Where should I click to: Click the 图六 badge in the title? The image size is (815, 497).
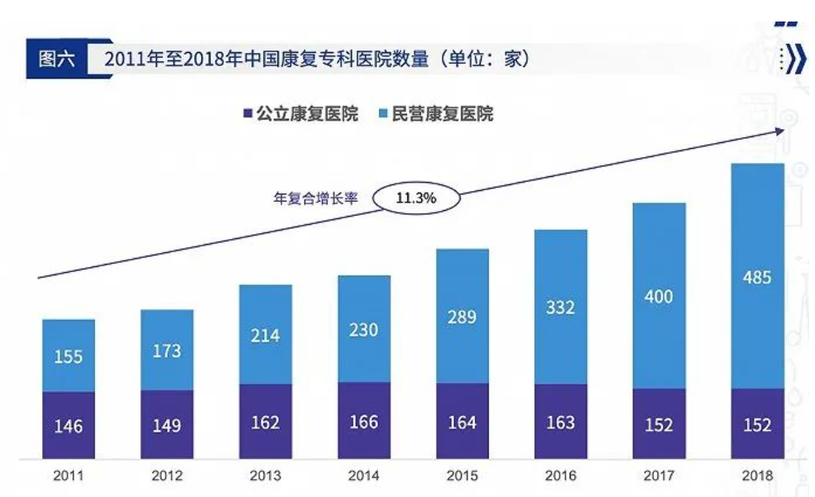[x=57, y=60]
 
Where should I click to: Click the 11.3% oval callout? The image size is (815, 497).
[x=416, y=198]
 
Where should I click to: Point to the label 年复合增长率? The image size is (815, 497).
[x=315, y=198]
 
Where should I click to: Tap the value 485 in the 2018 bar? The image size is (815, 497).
[x=756, y=277]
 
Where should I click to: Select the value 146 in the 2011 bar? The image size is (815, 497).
[x=69, y=427]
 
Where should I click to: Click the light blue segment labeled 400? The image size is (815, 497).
[x=659, y=296]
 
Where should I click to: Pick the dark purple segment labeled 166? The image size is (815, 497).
[x=363, y=422]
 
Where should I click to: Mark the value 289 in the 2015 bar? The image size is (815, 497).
[x=462, y=317]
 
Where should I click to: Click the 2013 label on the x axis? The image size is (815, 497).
[x=265, y=475]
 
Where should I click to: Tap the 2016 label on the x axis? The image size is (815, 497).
[x=561, y=475]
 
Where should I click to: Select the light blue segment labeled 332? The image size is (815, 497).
[x=561, y=308]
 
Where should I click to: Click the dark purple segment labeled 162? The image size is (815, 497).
[x=265, y=423]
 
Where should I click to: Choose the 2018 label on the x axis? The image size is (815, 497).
[x=756, y=475]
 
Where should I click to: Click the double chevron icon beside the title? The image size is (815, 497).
[x=794, y=60]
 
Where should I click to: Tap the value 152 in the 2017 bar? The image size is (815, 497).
[x=659, y=424]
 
